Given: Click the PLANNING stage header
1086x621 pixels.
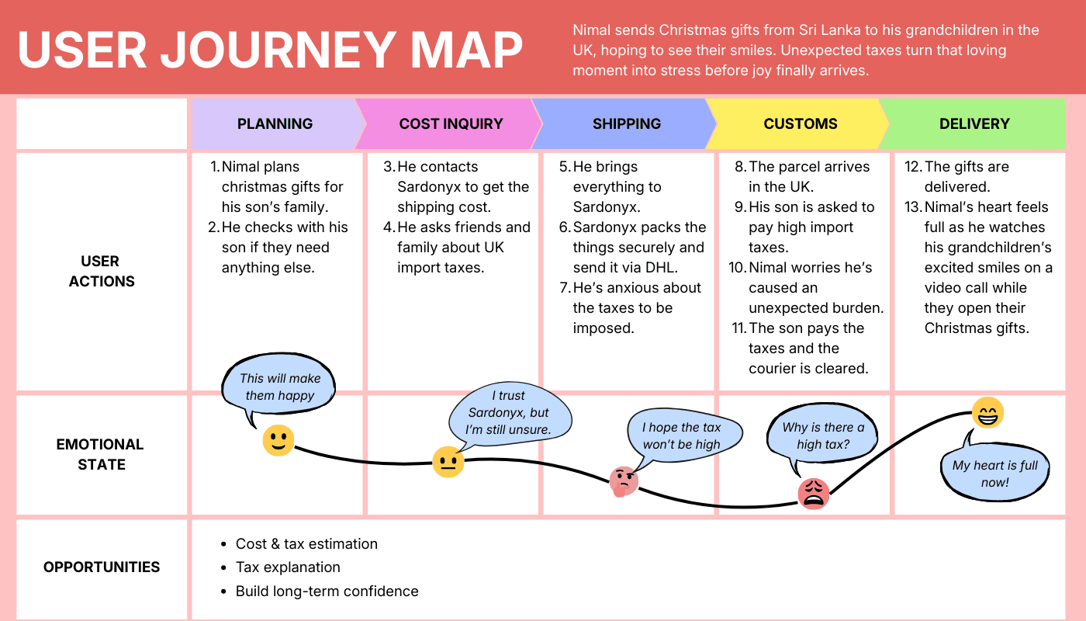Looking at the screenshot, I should click(x=275, y=123).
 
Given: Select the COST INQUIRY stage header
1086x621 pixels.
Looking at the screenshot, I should click(x=451, y=123).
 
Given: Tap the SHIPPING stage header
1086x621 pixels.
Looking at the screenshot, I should click(x=626, y=123).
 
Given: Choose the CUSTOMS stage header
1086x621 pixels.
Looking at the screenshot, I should click(x=801, y=123).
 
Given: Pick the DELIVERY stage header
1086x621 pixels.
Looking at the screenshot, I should click(x=974, y=123).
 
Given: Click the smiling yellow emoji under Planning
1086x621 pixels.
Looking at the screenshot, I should click(x=278, y=440).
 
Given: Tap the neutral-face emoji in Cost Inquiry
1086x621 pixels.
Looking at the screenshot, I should click(x=448, y=462).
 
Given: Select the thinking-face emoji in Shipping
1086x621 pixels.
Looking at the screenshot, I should click(x=623, y=481).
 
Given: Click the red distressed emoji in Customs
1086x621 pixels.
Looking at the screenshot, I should click(x=814, y=493).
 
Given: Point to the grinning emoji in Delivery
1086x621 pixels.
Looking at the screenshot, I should click(x=987, y=412).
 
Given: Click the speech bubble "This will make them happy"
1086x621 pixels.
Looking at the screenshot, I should click(x=280, y=387).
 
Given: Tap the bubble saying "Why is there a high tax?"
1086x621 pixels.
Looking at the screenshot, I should click(x=823, y=436).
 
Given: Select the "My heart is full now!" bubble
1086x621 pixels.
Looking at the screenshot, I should click(x=995, y=474).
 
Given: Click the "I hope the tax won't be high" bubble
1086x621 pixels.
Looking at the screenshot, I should click(x=681, y=435).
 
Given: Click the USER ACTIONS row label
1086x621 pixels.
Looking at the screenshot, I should click(x=102, y=271).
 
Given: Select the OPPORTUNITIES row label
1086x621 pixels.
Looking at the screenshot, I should click(x=102, y=567).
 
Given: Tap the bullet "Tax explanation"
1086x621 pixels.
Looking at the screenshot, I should click(x=288, y=567).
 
